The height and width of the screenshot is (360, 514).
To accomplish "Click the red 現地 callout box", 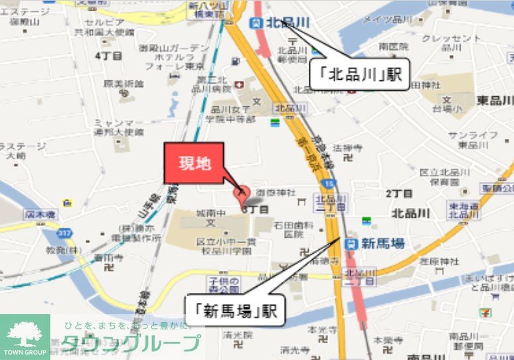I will pos(194,163).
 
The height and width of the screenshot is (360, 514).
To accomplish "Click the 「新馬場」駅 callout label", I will pos(235,309).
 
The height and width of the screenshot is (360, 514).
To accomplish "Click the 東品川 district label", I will pos(495,100).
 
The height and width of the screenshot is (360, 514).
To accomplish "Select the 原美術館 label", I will pos(124,84).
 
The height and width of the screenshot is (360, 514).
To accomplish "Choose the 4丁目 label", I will pos(108,56).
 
